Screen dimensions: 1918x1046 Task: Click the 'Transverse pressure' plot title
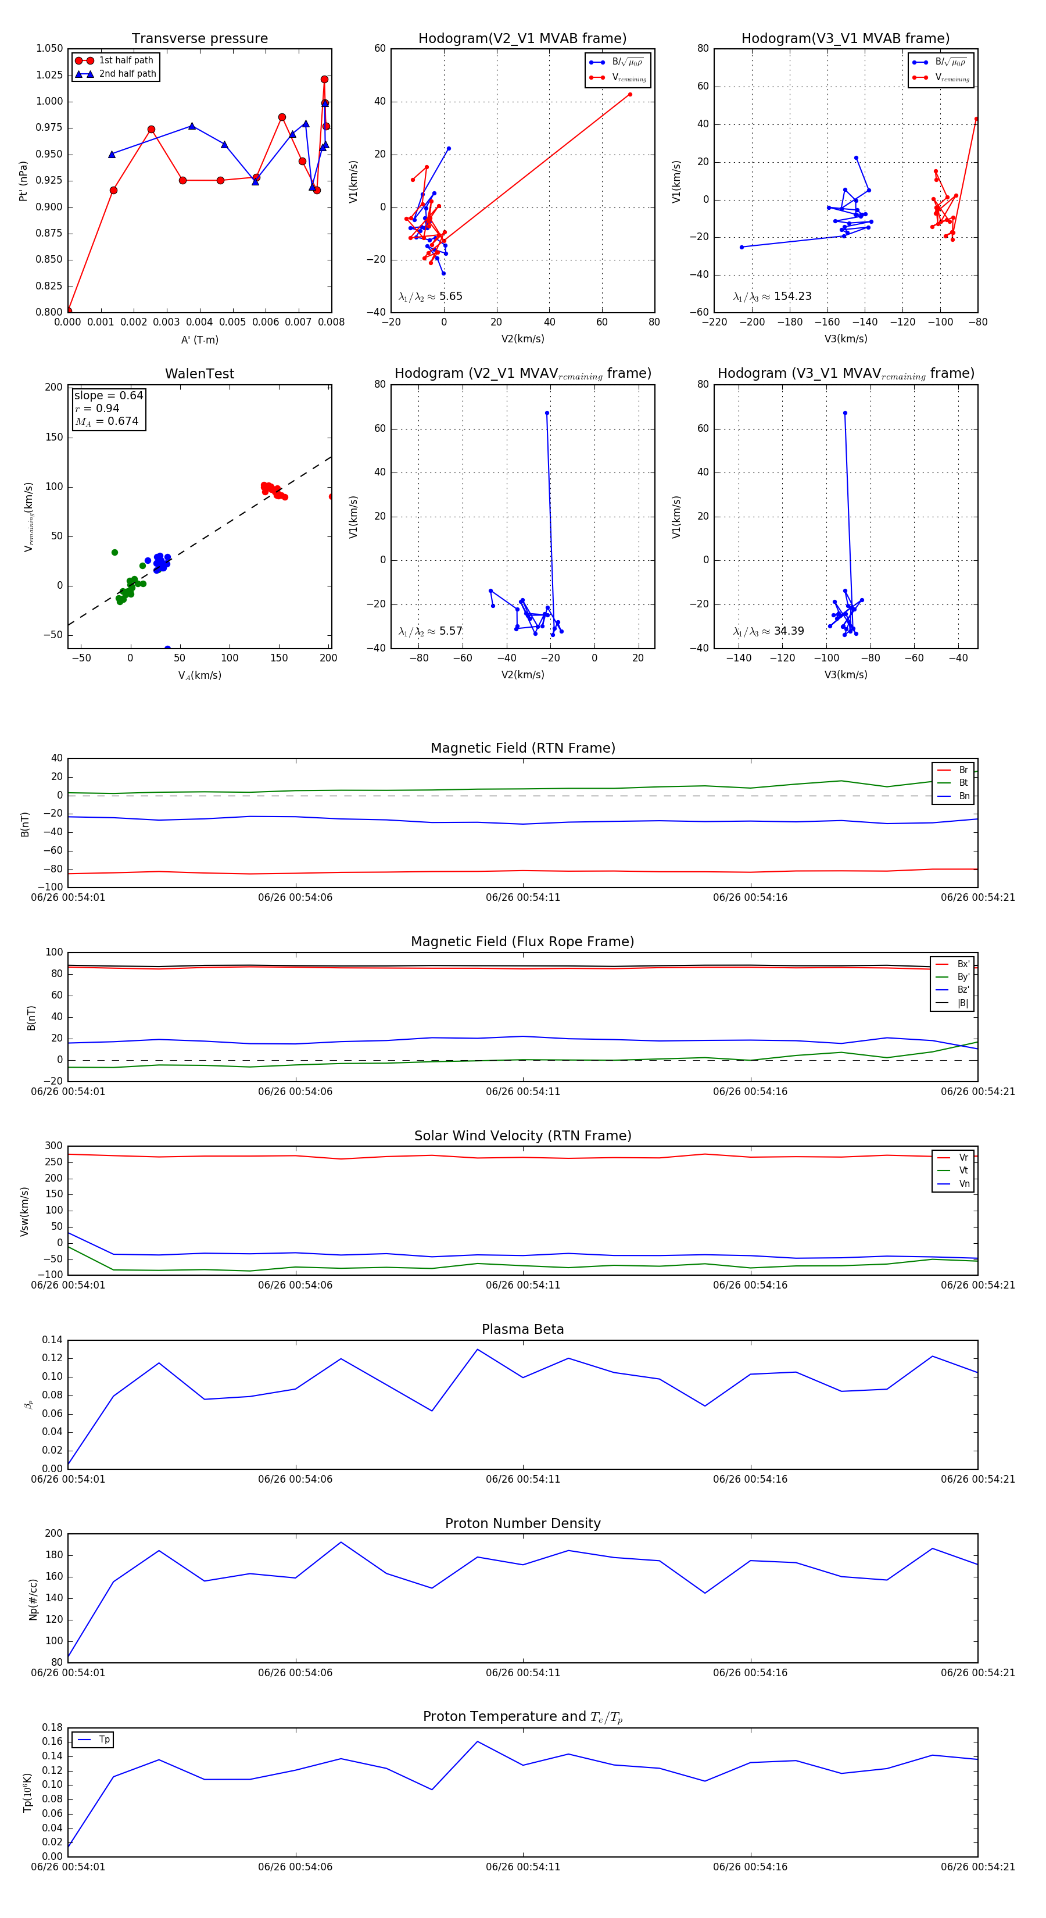coord(199,39)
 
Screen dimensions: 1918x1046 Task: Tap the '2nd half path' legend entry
coord(127,74)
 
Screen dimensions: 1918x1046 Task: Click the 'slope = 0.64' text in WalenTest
coord(109,395)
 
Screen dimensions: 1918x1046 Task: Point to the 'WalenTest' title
coord(199,374)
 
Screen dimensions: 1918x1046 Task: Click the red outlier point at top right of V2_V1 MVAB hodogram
coord(630,95)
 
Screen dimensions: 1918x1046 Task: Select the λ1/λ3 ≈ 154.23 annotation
coord(772,296)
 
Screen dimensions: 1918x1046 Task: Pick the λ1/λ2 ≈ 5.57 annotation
coord(430,631)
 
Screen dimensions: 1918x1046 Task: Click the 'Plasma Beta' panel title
coord(522,1330)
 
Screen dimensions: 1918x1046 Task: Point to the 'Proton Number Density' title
coord(522,1523)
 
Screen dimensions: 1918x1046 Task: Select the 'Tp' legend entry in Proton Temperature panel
coord(104,1740)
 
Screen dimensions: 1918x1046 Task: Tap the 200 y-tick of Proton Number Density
coord(53,1534)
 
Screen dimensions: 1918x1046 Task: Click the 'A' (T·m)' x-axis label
coord(199,339)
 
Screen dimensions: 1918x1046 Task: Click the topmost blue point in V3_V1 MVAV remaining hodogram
coord(845,413)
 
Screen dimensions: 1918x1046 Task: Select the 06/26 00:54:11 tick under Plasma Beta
coord(522,1479)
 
